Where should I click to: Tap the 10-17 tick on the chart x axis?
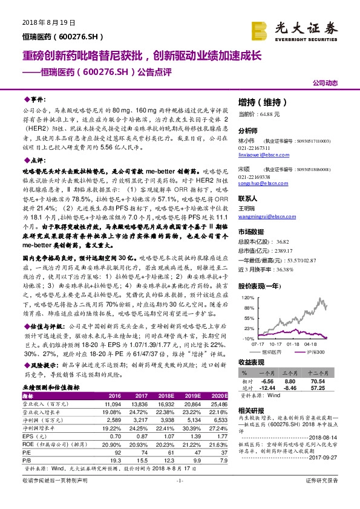[x=262, y=344]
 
